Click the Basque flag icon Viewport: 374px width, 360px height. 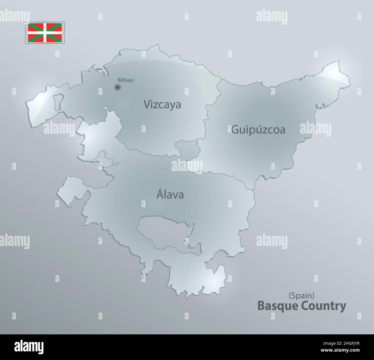(x=46, y=33)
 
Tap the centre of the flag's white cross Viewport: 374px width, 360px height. (x=46, y=33)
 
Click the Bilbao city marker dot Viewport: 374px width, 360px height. (x=117, y=87)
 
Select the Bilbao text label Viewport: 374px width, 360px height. (x=125, y=80)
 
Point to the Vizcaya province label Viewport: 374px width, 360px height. (x=162, y=104)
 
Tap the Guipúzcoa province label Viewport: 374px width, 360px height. (x=258, y=130)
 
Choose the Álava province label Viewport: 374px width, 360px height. (x=170, y=195)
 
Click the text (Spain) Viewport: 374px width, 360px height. (x=301, y=295)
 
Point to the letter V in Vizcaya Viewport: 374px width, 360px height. (x=146, y=105)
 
